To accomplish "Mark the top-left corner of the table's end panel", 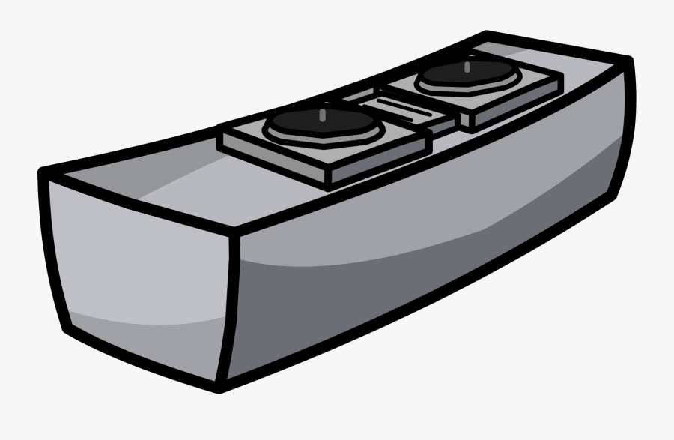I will point(43,175).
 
